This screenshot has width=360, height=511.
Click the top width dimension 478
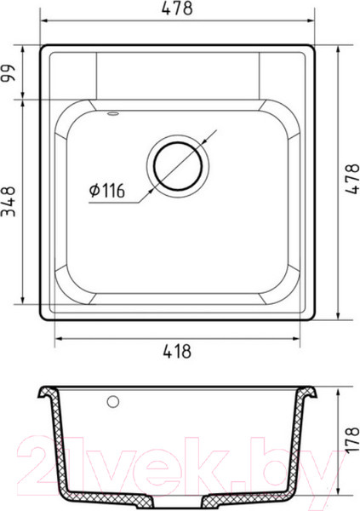point(177,9)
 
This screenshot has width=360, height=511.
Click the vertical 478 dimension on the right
point(351,179)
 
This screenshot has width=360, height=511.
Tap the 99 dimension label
point(9,73)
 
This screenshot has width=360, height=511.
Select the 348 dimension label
point(9,201)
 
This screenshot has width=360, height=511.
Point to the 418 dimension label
point(177,351)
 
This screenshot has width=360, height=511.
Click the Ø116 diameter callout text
point(107,191)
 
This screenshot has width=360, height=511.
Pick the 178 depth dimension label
point(351,440)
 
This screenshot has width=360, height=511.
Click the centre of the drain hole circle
point(178,166)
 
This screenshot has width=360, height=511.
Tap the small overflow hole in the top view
point(113,113)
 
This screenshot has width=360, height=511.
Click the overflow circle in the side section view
point(113,402)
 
